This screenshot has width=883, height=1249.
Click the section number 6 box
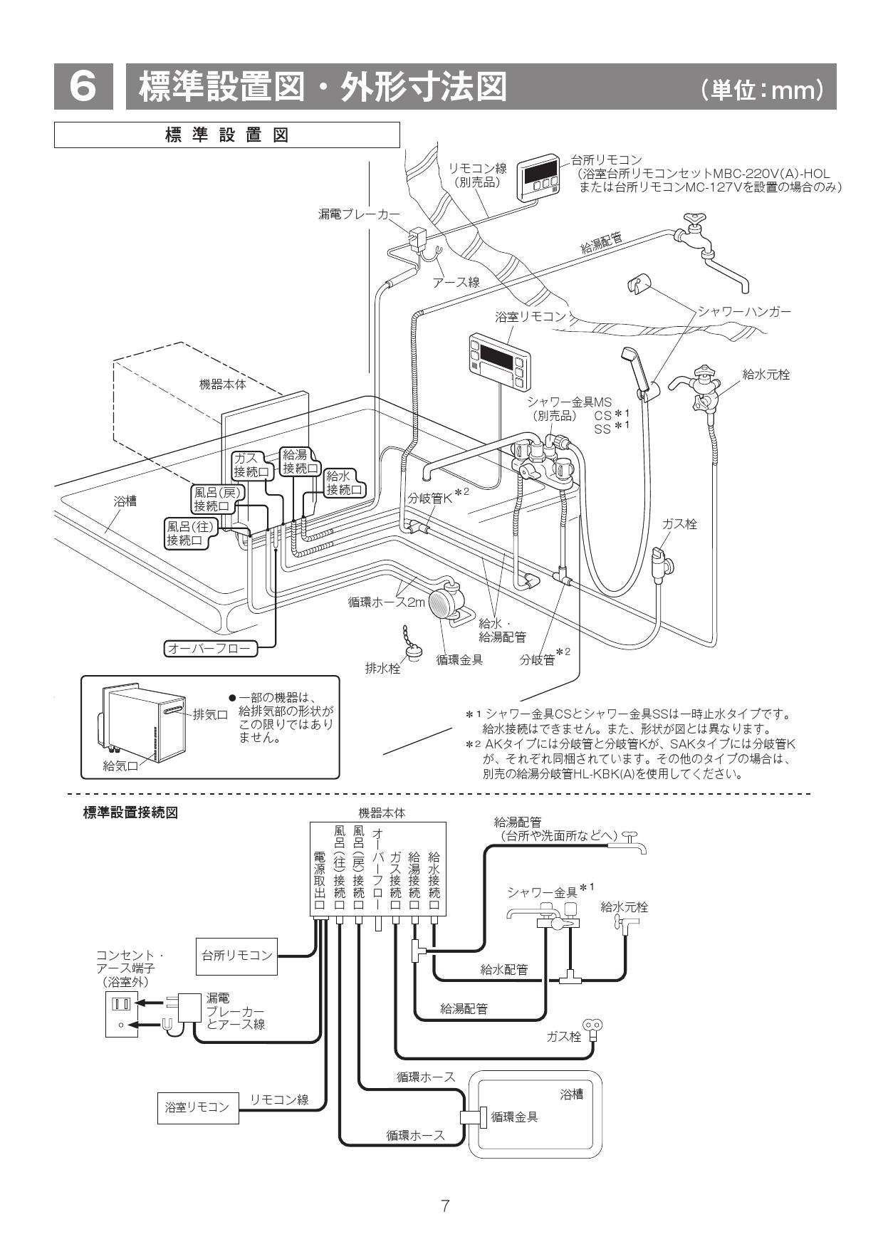coord(83,87)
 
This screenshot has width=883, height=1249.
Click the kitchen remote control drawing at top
coord(538,178)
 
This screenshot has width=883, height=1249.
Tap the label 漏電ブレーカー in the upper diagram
coord(358,214)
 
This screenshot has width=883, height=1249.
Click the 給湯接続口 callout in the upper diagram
coord(299,461)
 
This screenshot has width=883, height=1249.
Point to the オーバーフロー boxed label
coord(208,648)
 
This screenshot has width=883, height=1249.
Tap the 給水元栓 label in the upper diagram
coord(766,374)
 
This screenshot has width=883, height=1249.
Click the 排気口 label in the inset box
coord(210,715)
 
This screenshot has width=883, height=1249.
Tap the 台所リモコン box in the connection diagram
coord(236,955)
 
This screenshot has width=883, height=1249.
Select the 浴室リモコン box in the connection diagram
coord(197,1107)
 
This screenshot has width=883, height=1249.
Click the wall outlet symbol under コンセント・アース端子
coord(120,1013)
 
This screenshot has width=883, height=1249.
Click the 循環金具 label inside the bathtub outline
coord(514,1117)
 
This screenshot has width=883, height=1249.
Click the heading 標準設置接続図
coord(130,812)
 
